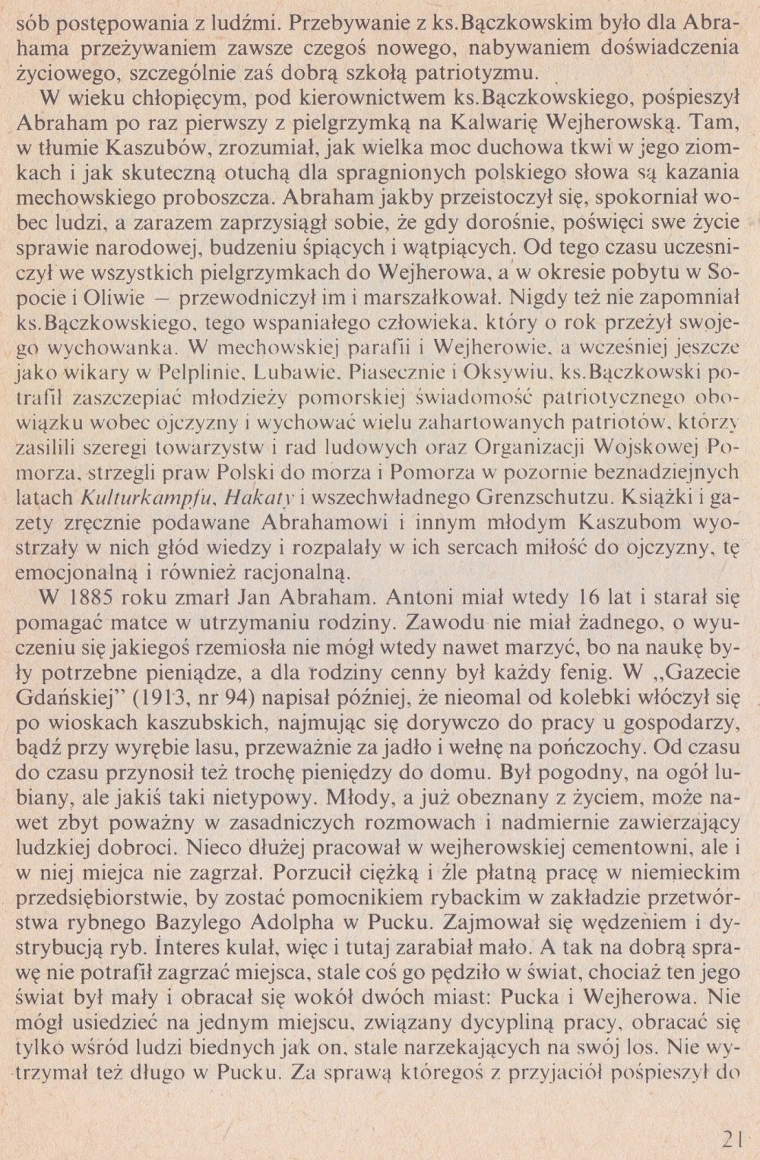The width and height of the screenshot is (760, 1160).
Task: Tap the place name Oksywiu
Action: pos(506,374)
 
